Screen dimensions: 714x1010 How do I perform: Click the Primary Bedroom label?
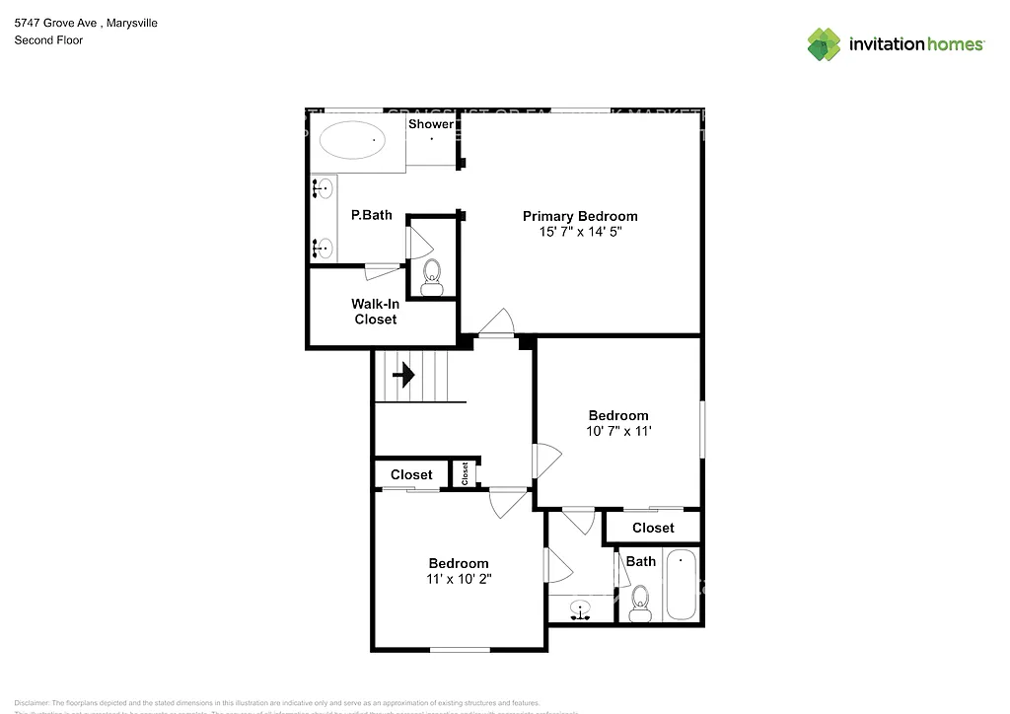click(x=580, y=216)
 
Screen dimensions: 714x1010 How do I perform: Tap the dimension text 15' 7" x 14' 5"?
click(x=580, y=233)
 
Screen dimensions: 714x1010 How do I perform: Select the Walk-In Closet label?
click(x=376, y=312)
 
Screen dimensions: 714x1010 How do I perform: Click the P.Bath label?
click(x=372, y=215)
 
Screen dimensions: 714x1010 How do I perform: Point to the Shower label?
click(x=431, y=124)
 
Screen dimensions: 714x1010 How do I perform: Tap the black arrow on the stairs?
click(x=402, y=375)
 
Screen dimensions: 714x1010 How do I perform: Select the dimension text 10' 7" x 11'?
click(x=618, y=431)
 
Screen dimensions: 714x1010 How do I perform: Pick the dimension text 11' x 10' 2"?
click(x=458, y=579)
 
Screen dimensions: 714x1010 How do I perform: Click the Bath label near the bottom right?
click(x=641, y=561)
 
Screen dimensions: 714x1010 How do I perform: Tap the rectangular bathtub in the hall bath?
click(x=681, y=586)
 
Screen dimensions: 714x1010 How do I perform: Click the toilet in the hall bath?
click(x=641, y=603)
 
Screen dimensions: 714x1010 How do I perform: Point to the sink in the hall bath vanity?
click(x=581, y=609)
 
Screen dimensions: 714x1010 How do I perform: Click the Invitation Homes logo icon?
click(x=824, y=43)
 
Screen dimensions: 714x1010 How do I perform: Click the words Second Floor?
click(x=48, y=40)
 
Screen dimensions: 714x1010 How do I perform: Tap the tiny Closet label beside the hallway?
click(x=465, y=474)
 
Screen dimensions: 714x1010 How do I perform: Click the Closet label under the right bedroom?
click(x=653, y=528)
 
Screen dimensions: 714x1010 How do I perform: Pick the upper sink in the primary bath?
click(x=324, y=188)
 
